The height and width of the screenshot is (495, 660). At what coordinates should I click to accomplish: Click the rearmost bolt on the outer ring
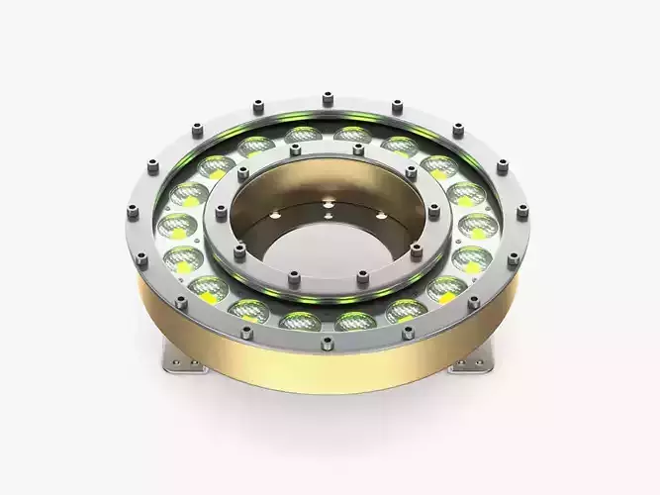pos(328,96)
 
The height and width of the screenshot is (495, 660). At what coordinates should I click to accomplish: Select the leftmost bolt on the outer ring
pos(133,210)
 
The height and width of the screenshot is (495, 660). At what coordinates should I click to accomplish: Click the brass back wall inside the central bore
pos(327,188)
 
